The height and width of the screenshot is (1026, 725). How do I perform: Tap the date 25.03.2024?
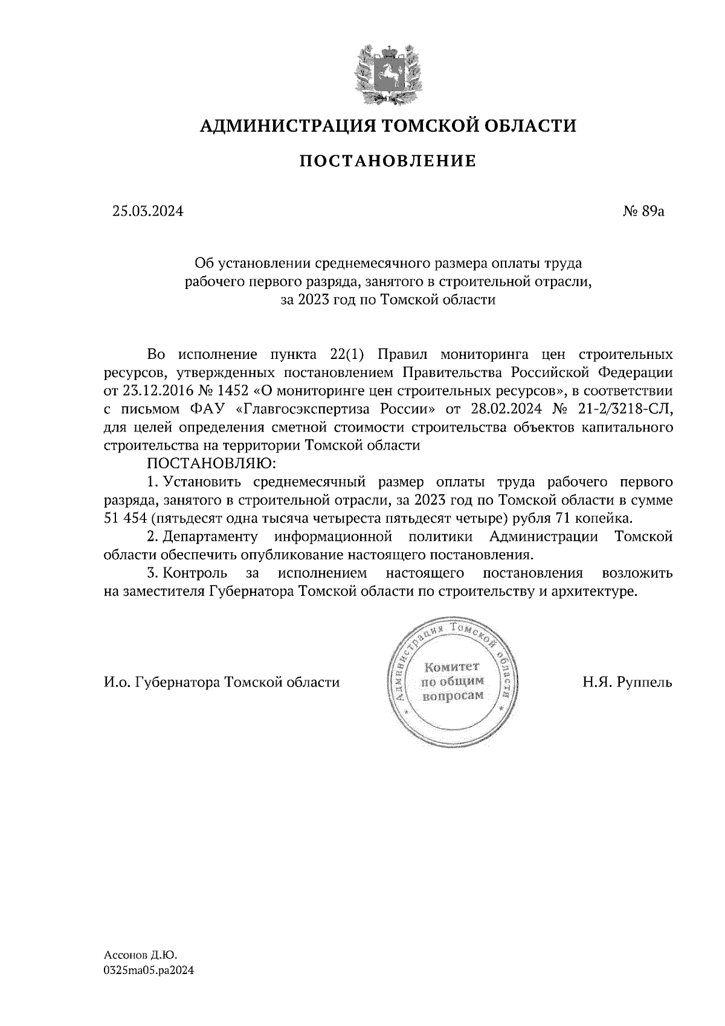click(147, 211)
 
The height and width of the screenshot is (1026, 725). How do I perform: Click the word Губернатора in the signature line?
click(178, 683)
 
